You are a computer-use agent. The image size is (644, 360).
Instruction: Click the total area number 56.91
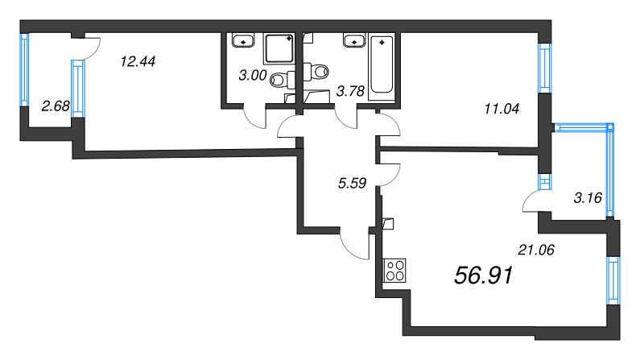[484, 275]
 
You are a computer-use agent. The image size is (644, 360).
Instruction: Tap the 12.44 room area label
[138, 62]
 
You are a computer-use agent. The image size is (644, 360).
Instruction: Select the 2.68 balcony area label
[56, 106]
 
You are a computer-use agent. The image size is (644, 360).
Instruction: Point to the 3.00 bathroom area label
[253, 76]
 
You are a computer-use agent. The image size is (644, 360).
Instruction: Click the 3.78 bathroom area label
[350, 91]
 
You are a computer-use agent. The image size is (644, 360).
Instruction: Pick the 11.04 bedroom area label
[502, 109]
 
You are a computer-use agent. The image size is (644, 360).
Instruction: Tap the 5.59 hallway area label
[352, 183]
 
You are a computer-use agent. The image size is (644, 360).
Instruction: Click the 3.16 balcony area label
[588, 198]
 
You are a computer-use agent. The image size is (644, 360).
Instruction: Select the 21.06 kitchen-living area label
[536, 250]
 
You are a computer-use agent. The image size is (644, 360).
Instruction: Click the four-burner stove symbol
[394, 271]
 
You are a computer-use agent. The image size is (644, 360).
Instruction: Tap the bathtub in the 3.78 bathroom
[382, 66]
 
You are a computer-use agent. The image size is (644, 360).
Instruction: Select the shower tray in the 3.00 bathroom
[279, 48]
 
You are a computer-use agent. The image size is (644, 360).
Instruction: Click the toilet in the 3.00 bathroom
[283, 80]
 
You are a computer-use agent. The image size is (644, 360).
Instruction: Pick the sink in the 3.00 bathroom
[244, 41]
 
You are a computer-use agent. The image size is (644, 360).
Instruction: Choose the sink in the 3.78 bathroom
[353, 41]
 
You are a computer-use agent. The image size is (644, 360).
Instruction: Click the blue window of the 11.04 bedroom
[545, 68]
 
